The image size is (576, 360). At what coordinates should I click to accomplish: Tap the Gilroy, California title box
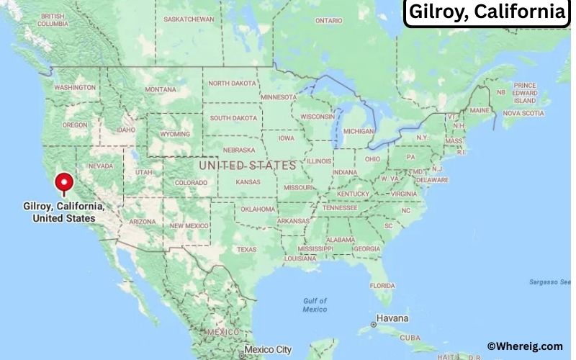coord(487,13)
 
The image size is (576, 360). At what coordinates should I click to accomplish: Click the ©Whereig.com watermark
coord(524,346)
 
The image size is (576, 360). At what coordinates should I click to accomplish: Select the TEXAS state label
coord(246,250)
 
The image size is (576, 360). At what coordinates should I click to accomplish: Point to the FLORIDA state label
coord(382,285)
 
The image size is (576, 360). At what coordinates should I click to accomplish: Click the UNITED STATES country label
coord(247,166)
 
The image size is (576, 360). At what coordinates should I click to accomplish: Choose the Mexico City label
coord(267,350)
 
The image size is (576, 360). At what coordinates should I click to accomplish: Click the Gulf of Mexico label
coord(315,305)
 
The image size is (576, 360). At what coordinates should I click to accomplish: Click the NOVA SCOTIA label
coord(523,113)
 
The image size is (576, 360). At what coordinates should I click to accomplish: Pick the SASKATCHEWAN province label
coord(189,19)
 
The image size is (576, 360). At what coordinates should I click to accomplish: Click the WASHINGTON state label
coord(75,88)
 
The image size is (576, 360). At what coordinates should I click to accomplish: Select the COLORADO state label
coord(190,183)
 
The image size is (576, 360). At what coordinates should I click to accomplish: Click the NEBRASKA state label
coord(239,150)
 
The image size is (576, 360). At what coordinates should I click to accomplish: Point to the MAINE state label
coord(480,111)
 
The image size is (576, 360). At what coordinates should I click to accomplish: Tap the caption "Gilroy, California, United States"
coord(64,212)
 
